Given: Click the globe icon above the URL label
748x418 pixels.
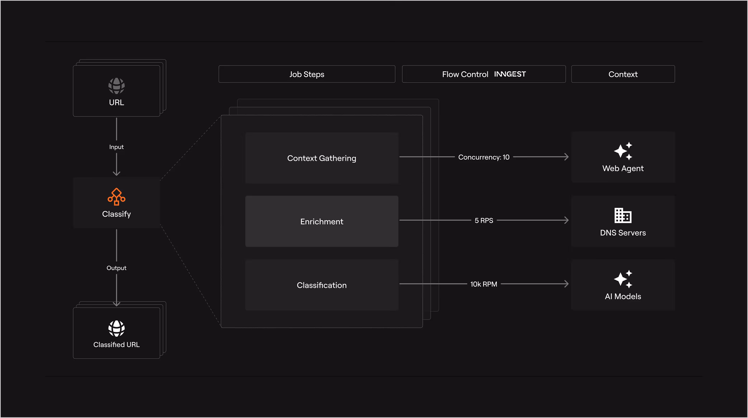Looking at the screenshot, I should coord(116,86).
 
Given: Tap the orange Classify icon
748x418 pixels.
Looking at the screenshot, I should coord(116,197).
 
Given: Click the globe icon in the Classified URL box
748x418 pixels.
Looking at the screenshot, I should coord(116,328).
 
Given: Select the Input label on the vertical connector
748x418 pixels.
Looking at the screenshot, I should coord(116,147).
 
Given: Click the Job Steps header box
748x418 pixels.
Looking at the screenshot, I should coord(307,74).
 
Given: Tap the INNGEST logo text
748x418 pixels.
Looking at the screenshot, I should coord(510,74).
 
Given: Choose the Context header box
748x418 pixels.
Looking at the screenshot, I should coord(623,74).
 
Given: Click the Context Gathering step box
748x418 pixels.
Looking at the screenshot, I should coord(322,158).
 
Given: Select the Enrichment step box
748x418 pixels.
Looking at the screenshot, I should coord(322,221).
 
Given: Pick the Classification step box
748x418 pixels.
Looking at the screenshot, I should coord(322,285).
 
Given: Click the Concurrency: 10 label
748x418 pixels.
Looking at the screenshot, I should coord(484,157).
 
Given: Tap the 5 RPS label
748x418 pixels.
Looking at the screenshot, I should coord(484,220).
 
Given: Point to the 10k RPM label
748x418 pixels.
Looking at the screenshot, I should coord(484,284).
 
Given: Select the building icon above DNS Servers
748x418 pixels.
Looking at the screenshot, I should coord(623,215).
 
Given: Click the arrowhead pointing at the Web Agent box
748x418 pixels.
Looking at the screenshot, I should coord(566,157).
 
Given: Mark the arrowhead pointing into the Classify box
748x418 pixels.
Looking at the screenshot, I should coord(116,173).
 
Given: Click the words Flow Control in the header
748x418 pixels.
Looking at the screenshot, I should coord(465,74).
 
